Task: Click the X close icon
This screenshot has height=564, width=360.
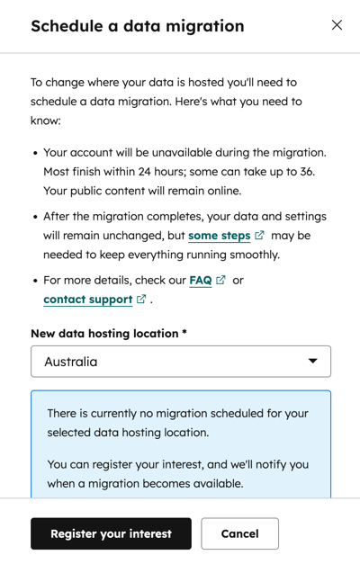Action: (337, 25)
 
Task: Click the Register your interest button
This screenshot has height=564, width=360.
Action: (111, 533)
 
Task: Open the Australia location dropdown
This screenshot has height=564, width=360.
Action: (180, 362)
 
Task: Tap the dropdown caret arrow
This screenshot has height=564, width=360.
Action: (313, 362)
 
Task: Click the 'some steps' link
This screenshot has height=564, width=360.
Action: (219, 236)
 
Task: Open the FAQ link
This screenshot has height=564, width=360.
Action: (201, 281)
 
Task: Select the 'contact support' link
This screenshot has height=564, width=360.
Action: (87, 299)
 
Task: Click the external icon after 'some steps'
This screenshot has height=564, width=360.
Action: (259, 236)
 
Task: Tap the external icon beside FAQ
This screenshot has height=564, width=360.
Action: (220, 281)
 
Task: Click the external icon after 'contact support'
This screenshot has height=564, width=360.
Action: (141, 299)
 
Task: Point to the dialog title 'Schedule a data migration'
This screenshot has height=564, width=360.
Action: (137, 26)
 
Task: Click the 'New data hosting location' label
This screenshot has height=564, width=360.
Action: (108, 334)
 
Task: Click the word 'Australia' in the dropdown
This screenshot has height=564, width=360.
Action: (71, 362)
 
